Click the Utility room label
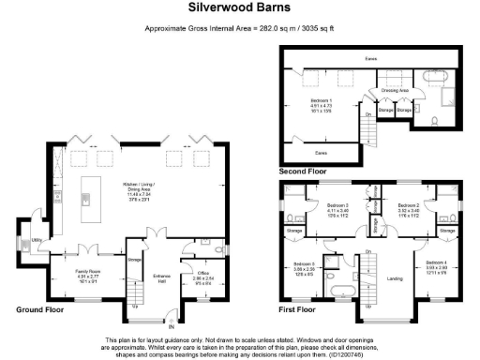pos(38,239)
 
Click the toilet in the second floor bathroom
pos(436,122)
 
